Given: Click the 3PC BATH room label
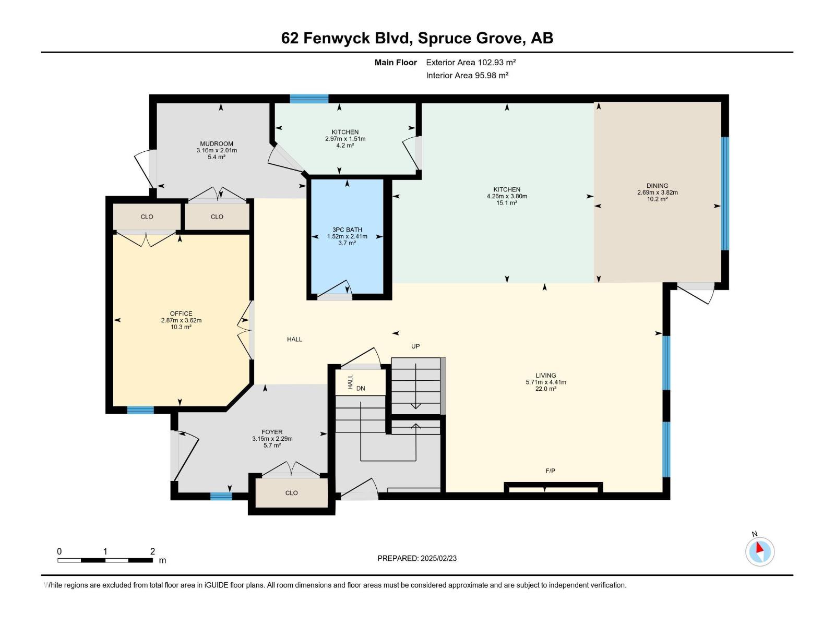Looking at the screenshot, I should (347, 230).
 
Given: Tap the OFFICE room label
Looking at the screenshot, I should (181, 314).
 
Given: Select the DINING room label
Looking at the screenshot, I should (657, 186).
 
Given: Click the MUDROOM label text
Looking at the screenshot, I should (217, 144).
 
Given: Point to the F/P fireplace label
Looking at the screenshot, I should (550, 471).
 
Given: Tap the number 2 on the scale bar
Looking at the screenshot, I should (152, 551).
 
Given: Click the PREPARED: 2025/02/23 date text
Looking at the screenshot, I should (417, 558).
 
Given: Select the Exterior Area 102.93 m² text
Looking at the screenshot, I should (471, 63).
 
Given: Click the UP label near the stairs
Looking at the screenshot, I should (415, 346).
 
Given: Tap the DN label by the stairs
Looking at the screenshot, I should (361, 389).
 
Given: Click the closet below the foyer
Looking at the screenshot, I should (291, 493).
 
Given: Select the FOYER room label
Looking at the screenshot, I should (272, 432).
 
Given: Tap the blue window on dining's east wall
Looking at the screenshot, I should (724, 194).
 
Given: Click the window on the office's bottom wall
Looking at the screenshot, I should (140, 410).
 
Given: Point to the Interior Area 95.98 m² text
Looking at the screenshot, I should (467, 76).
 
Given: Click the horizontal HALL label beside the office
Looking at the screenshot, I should (294, 340).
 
